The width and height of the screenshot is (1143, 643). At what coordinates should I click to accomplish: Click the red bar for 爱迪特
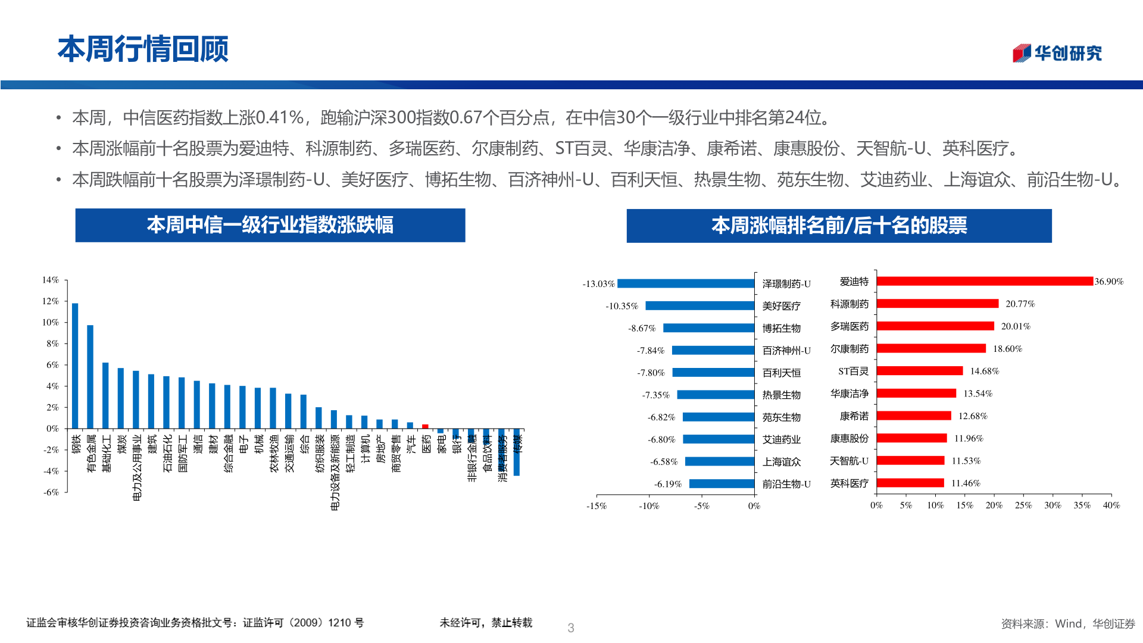(985, 281)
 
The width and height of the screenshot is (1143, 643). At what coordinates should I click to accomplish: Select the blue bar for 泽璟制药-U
(686, 283)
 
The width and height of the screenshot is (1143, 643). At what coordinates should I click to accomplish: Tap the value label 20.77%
(1020, 304)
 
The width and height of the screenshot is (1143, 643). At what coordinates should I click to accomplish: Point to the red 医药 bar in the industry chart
(425, 426)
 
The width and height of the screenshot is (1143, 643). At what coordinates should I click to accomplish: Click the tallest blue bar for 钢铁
(75, 366)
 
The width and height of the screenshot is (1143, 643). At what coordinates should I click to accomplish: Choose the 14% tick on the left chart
(51, 280)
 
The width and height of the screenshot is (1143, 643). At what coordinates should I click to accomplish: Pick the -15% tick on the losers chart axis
(597, 506)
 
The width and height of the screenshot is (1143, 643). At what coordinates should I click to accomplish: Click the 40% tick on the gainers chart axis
(1111, 505)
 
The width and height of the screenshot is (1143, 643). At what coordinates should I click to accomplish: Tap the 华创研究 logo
(1057, 54)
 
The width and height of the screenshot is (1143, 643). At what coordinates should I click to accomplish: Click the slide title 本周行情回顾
(143, 49)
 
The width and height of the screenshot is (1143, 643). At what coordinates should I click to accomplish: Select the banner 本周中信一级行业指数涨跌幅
(270, 225)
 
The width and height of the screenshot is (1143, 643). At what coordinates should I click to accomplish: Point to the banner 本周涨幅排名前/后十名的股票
(839, 226)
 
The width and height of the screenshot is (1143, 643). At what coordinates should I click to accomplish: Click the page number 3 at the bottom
(571, 628)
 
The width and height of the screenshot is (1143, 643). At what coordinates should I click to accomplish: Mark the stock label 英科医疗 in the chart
(849, 483)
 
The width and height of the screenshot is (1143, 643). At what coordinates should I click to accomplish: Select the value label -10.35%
(622, 306)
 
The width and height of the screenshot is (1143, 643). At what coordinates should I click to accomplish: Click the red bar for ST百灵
(919, 371)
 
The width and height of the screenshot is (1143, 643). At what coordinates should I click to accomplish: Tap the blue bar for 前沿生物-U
(722, 484)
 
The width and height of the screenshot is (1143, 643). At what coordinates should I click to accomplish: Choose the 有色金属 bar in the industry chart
(90, 376)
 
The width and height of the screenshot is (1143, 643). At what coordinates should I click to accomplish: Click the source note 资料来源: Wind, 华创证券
(1068, 623)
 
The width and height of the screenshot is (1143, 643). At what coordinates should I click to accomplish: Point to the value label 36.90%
(1108, 282)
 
